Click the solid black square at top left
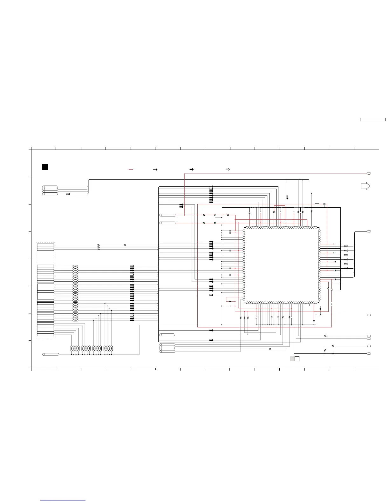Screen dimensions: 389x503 (45, 167)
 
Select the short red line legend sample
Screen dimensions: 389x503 (131, 170)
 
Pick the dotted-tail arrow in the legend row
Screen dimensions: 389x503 (155, 170)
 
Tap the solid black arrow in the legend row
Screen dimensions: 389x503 (191, 170)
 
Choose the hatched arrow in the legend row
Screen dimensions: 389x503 (228, 170)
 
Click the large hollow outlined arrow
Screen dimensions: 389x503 (365, 186)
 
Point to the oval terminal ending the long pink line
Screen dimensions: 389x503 (369, 173)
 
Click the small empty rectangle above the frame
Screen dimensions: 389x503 (372, 119)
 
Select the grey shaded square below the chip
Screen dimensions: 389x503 (292, 359)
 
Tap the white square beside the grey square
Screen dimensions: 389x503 (297, 359)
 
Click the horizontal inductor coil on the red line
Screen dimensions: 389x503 (317, 204)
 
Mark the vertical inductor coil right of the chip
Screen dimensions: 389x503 (331, 304)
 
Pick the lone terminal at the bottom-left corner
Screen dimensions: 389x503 (51, 354)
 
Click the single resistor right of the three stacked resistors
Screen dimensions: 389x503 (125, 245)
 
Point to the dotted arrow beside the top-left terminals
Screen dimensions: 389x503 (68, 194)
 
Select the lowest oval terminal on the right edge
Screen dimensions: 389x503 (369, 353)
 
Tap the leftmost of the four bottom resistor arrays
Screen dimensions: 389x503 (75, 349)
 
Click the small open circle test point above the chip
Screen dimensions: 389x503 (311, 193)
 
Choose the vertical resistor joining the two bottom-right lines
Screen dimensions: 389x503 (325, 350)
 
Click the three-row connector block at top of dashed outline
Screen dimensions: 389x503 (45, 247)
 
